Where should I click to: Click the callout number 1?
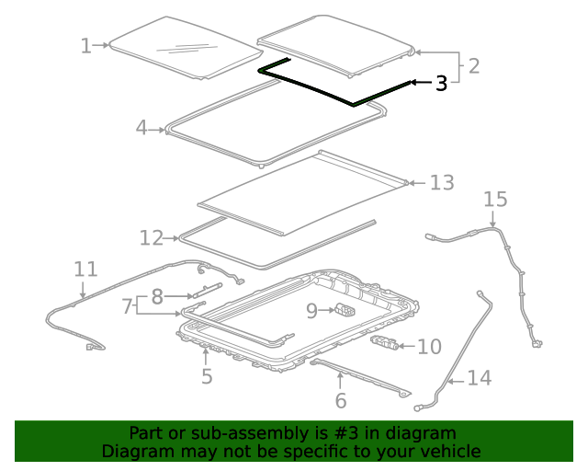[85, 45]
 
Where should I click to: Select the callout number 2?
[473, 66]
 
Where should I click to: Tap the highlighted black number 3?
[441, 83]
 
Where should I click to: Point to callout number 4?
[141, 128]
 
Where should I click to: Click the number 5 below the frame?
[207, 375]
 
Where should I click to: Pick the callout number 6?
[341, 400]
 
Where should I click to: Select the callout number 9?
[311, 311]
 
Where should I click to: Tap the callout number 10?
[429, 347]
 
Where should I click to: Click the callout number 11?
[85, 269]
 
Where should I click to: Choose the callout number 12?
[151, 238]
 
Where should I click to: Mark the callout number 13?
[441, 183]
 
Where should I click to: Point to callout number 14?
[479, 377]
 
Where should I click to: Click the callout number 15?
[494, 200]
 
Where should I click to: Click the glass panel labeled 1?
[179, 49]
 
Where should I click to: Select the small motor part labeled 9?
[345, 309]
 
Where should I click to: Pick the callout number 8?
[157, 296]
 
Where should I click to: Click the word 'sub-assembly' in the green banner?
[238, 433]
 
